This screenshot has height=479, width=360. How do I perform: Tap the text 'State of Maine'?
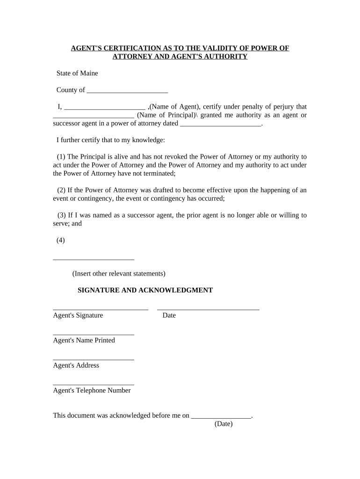77,73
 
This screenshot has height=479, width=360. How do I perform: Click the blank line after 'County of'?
127,91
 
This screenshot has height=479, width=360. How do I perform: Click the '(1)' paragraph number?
61,157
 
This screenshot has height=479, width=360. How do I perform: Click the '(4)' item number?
61,240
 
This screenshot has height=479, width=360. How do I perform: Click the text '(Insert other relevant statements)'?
119,274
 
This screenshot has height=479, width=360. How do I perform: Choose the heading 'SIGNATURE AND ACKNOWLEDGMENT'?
145,290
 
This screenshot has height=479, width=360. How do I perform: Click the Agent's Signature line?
101,309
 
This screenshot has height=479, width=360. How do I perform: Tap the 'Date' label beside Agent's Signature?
169,315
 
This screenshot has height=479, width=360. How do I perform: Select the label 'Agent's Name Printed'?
84,341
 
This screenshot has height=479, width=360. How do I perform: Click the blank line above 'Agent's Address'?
94,359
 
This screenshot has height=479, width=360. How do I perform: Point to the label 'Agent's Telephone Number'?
92,391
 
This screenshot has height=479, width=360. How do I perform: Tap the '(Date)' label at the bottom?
223,424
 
